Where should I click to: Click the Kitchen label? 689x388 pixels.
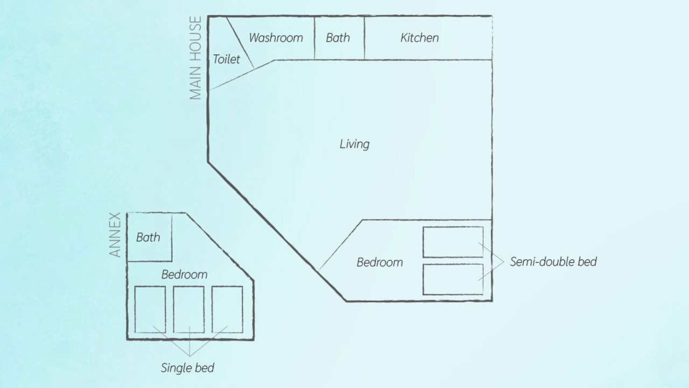(419, 38)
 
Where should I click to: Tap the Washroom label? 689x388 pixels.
(276, 38)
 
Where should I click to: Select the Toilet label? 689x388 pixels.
(227, 59)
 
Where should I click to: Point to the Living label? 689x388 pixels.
(355, 144)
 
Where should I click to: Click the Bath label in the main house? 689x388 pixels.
(338, 38)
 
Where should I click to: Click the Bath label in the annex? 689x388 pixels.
(148, 238)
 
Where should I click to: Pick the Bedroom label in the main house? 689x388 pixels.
(380, 262)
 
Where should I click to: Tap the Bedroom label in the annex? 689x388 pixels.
(185, 274)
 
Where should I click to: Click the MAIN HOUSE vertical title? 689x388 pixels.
(195, 58)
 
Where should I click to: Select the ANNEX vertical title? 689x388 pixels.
(115, 234)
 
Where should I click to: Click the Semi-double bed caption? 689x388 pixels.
(553, 262)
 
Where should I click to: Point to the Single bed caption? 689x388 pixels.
(188, 368)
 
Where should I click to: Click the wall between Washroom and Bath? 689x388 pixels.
(314, 38)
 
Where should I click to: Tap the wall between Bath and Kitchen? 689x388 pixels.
(364, 38)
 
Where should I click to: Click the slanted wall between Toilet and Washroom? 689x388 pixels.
(240, 43)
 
